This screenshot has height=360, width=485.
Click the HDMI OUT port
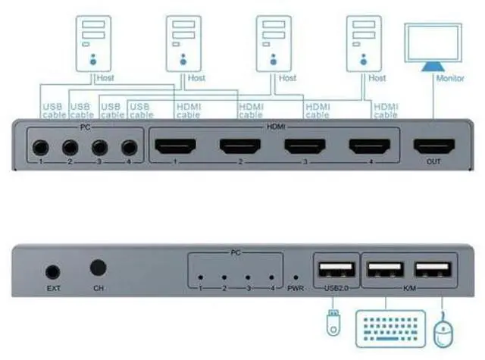click(434, 146)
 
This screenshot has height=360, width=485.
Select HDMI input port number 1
click(175, 146)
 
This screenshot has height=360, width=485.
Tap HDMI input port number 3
click(305, 146)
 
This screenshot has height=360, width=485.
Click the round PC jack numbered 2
click(70, 148)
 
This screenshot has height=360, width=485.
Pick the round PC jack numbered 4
click(130, 148)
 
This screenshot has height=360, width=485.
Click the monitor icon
click(433, 47)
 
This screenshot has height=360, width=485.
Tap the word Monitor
click(450, 78)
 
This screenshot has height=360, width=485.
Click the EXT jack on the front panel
click(53, 272)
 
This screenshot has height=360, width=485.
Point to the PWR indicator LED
click(296, 277)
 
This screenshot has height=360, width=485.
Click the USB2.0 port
click(336, 270)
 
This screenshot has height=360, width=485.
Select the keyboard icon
click(391, 329)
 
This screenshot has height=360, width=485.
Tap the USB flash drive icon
click(333, 323)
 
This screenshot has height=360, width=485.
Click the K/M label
click(409, 288)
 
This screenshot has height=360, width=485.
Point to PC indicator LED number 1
click(200, 277)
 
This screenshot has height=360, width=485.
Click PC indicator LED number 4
click(271, 277)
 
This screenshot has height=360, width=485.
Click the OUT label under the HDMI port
click(433, 161)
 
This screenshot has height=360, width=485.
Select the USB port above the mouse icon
click(433, 270)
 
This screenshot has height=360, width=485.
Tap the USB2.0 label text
click(336, 288)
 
